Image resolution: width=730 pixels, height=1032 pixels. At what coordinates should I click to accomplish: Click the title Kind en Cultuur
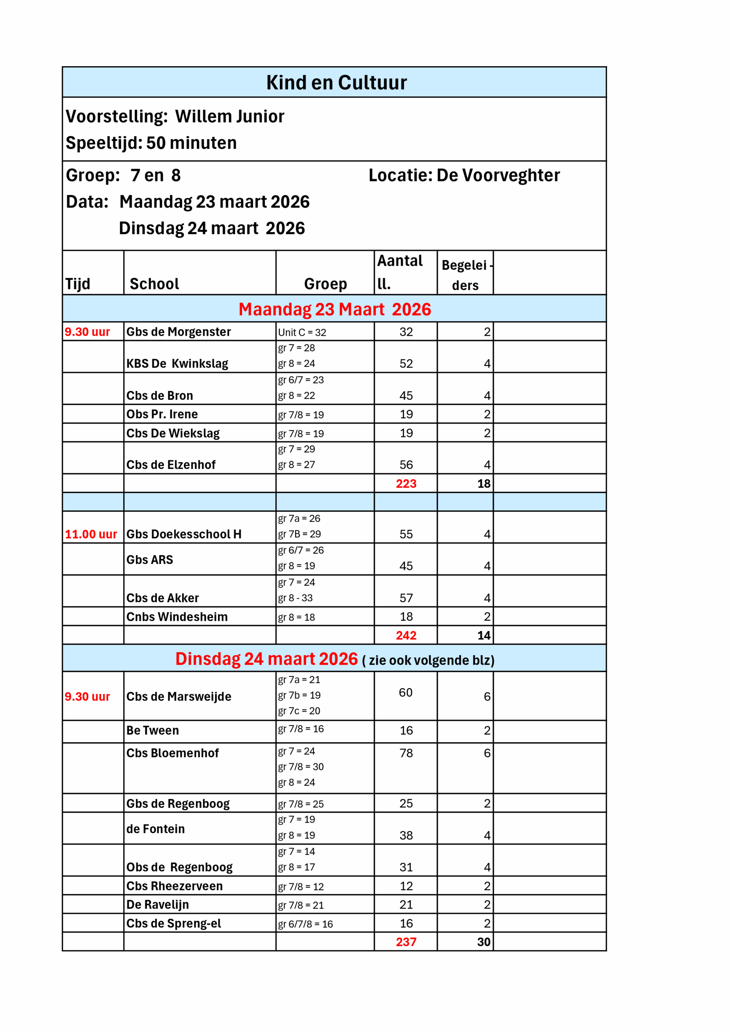pos(336,83)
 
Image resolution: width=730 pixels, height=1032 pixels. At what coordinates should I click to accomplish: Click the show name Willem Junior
pos(230,117)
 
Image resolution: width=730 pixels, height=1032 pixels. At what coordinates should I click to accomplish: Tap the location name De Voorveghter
pos(498,175)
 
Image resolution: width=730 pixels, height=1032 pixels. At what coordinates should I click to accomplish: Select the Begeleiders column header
pos(465,275)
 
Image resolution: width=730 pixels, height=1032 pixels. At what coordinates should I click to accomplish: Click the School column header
pos(154,284)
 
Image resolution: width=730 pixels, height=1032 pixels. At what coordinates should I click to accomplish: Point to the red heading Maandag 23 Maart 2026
pos(335,309)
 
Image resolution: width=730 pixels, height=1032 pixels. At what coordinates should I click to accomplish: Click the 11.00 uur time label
pos(91,534)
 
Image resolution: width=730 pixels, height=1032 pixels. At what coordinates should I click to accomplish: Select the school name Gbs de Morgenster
pos(179,332)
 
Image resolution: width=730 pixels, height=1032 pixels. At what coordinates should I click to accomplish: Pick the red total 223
pos(406,484)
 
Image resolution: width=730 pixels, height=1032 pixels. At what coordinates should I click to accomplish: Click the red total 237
pos(406,942)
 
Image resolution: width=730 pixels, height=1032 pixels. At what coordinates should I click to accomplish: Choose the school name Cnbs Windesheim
pos(177,617)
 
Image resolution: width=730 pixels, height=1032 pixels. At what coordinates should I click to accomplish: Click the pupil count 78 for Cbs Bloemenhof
pos(406,753)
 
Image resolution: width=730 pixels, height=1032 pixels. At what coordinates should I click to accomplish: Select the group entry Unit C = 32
pos(302,333)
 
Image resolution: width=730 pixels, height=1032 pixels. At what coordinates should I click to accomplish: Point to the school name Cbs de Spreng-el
pos(173,923)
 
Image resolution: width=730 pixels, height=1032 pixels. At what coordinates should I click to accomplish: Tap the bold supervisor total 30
pos(483,942)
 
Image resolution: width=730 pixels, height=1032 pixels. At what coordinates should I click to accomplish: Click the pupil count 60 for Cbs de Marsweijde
pos(406,693)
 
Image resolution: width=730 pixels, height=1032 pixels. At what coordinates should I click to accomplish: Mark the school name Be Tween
pos(152,730)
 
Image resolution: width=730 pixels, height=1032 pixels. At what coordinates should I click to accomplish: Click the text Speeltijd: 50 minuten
pos(151,143)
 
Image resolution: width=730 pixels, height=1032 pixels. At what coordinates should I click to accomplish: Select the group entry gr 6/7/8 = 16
pos(305,924)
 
